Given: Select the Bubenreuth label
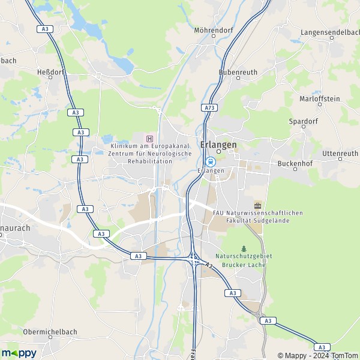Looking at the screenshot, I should [238, 72].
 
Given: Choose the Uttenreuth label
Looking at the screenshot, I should [340, 154].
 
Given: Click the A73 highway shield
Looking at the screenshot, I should [209, 108].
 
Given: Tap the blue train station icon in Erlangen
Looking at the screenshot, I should [211, 161].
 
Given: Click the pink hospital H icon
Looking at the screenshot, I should [150, 139].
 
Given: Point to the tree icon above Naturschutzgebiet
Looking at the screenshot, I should [244, 248].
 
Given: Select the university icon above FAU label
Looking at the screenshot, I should [258, 205].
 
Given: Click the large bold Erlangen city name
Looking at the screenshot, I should [218, 145].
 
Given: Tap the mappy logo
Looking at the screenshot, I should [19, 353].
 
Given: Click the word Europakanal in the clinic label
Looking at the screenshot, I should [171, 146].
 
